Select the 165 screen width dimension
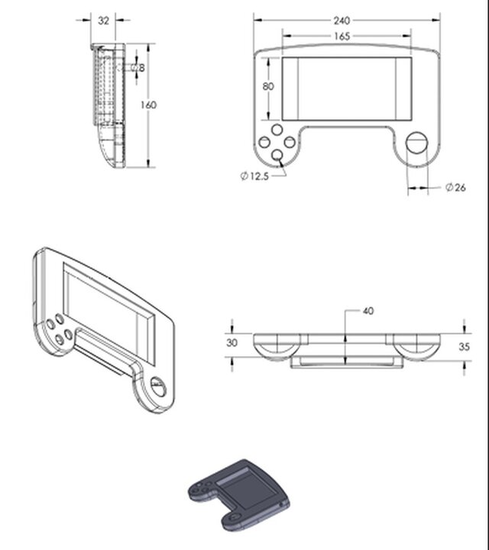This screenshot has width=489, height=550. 342,36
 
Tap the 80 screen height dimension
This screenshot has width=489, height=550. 268,86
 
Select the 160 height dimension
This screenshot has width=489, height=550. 149,105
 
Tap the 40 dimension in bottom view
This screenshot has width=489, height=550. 368,311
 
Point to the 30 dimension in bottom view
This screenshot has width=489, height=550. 232,343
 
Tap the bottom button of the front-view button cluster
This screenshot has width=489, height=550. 278,156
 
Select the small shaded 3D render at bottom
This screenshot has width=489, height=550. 239,494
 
